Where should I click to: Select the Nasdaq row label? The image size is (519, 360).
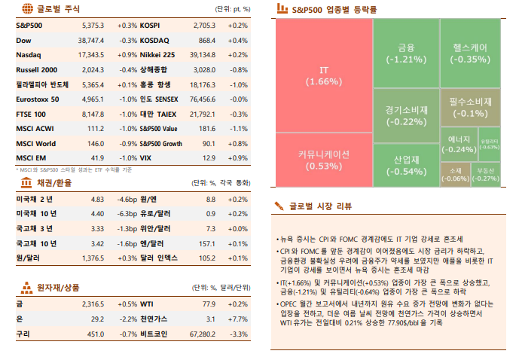[x=29, y=54]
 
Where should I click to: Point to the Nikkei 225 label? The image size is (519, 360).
[x=157, y=54]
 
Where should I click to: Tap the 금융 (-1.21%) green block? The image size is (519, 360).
[x=406, y=53]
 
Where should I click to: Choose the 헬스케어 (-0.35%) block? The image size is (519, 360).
[x=471, y=53]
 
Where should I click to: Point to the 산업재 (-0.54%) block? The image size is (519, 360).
[x=406, y=166]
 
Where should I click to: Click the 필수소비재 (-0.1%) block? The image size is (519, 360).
[x=471, y=107]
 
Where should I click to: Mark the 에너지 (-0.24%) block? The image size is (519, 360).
[x=459, y=144]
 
